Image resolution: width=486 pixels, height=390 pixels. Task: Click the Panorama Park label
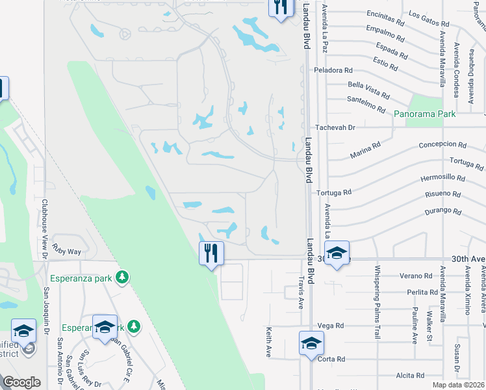[x=425, y=113]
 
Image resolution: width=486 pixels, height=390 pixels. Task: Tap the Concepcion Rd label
[x=442, y=145]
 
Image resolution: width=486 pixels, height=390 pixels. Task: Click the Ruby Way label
[x=68, y=251]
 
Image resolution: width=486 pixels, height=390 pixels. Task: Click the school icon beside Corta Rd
[x=311, y=343]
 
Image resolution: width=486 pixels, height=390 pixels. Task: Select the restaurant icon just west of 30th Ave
[x=211, y=253]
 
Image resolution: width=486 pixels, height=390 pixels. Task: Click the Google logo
[x=21, y=382]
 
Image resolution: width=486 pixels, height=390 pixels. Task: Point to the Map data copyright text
[x=459, y=385]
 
